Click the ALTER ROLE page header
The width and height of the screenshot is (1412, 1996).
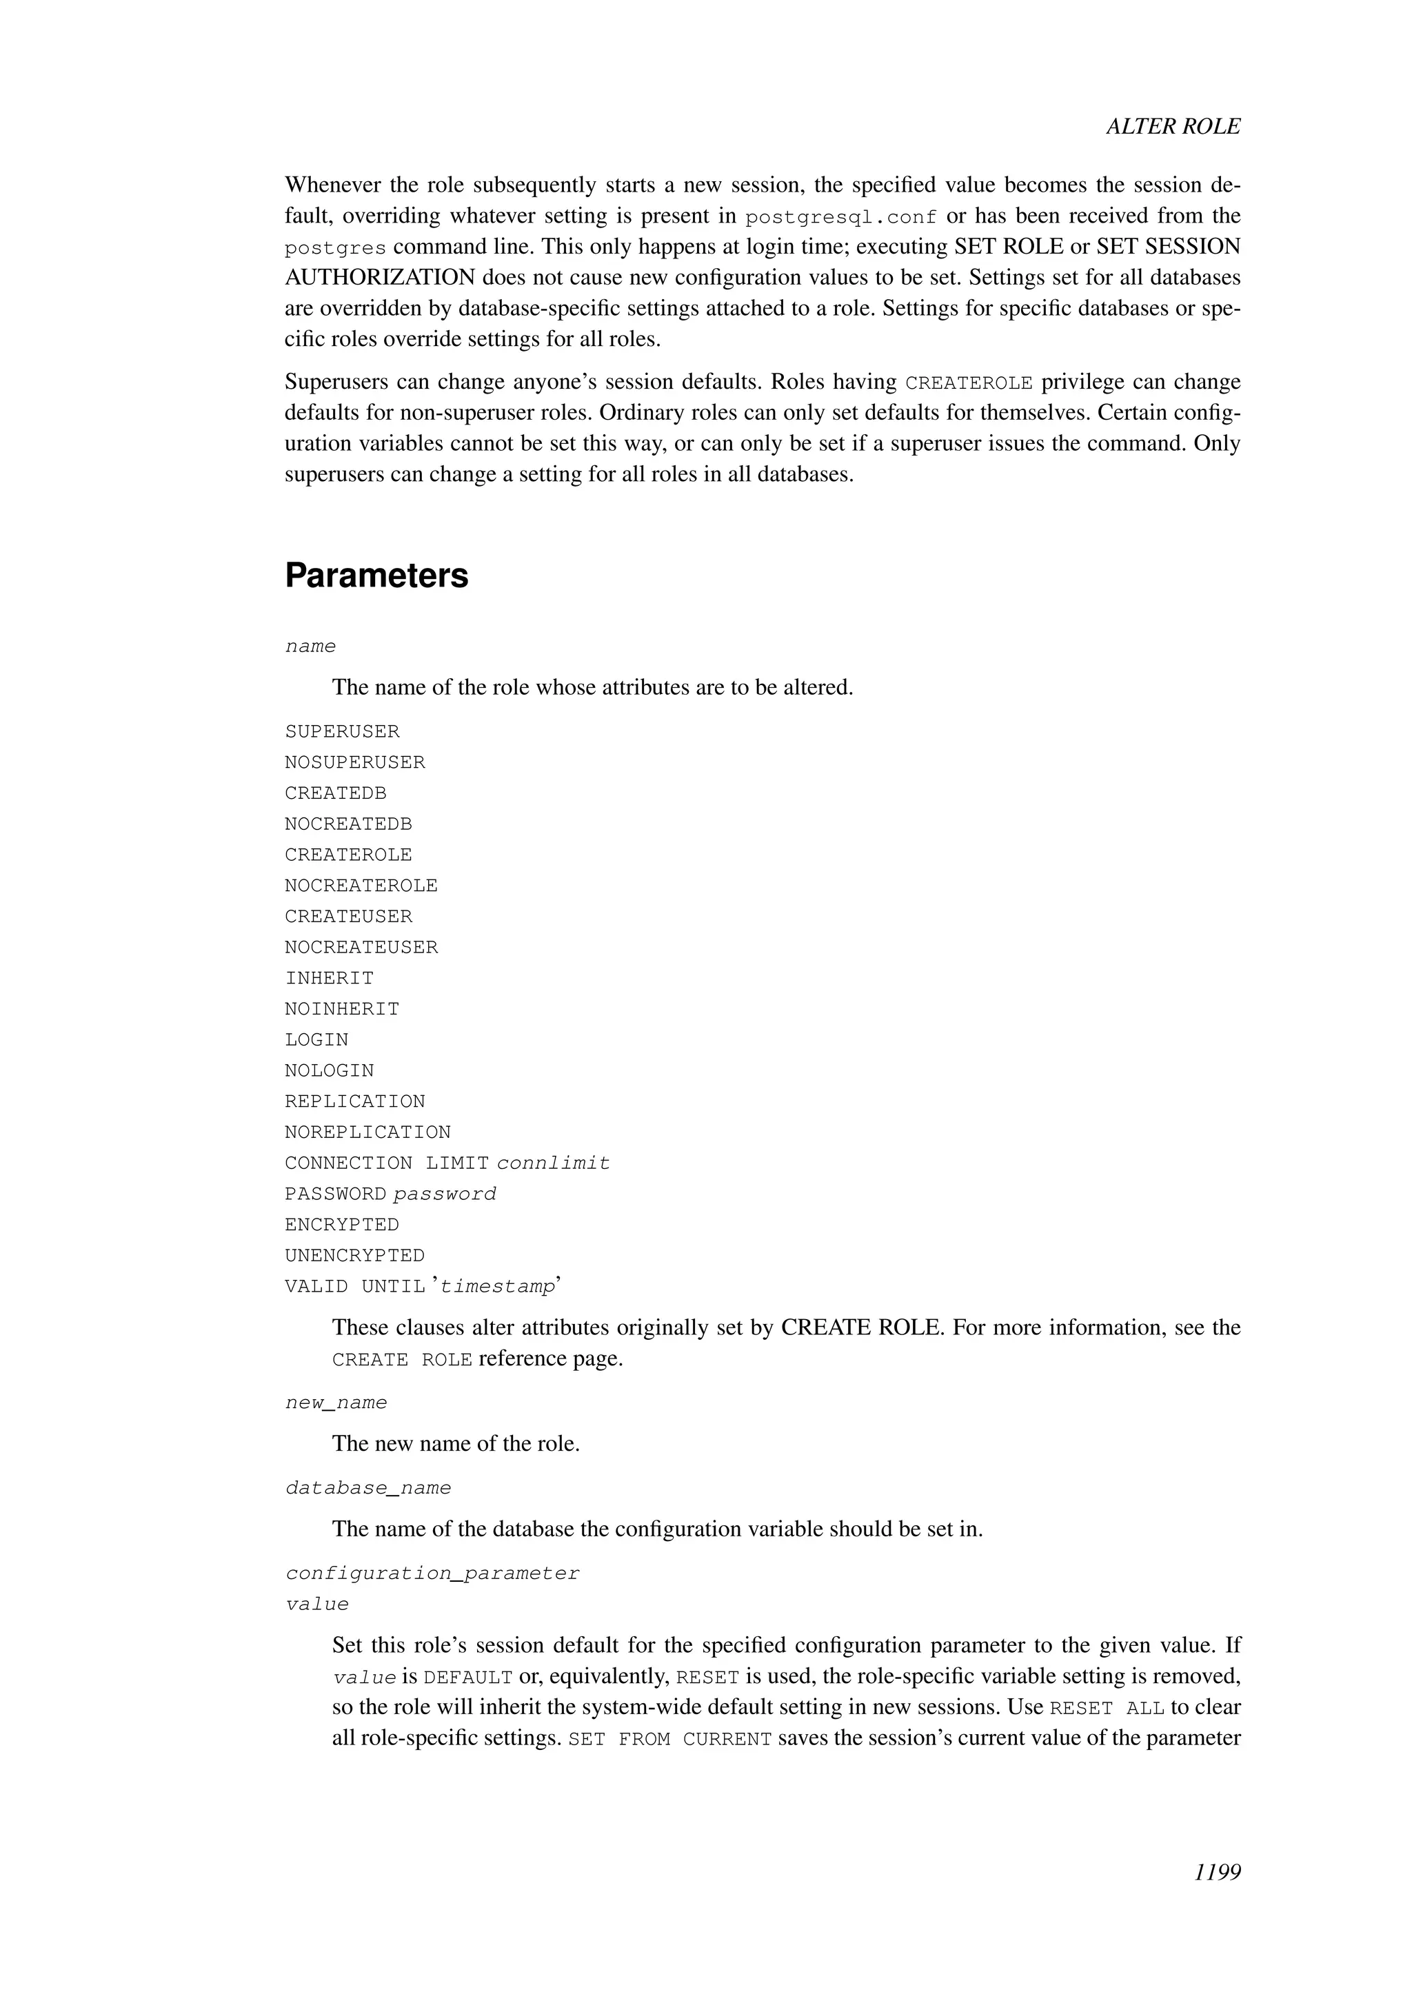point(1172,127)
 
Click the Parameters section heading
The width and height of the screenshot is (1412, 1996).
point(376,576)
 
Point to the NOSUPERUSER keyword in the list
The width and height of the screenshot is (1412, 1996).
point(355,762)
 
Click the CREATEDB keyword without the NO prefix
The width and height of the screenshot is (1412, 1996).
point(336,793)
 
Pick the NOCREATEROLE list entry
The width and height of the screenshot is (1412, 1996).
point(361,886)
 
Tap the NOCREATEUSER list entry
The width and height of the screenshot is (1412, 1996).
point(361,948)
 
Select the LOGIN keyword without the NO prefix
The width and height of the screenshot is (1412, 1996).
point(316,1040)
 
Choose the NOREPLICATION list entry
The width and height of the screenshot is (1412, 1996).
point(367,1133)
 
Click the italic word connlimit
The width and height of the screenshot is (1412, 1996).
point(553,1163)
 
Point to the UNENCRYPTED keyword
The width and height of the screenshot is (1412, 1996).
point(355,1256)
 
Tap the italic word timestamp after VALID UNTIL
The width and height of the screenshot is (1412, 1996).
point(496,1287)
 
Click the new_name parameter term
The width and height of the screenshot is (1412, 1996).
point(336,1403)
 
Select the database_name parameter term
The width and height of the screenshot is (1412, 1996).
point(367,1488)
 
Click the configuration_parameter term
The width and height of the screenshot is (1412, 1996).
point(432,1574)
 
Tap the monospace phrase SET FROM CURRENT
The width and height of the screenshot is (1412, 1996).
point(669,1740)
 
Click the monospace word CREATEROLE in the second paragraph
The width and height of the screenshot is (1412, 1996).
point(969,383)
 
